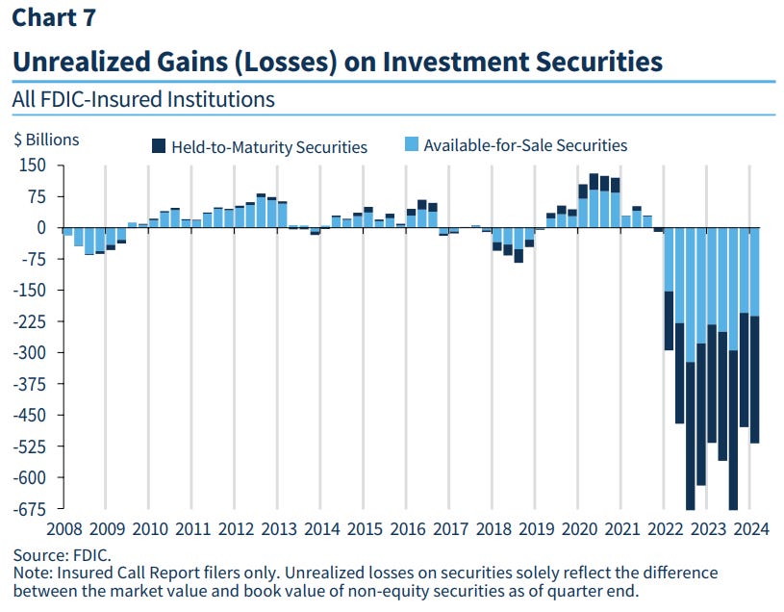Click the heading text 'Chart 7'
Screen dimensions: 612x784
point(53,17)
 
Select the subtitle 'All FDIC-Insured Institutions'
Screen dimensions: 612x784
point(143,99)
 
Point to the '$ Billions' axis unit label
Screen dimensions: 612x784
point(46,140)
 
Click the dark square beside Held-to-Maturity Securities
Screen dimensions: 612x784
point(159,147)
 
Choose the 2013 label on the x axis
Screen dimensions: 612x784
point(279,528)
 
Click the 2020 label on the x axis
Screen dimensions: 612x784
point(580,528)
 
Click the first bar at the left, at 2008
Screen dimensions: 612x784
point(67,232)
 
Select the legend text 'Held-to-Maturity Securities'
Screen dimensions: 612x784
point(269,147)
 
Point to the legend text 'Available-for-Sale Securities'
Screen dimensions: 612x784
point(525,146)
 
